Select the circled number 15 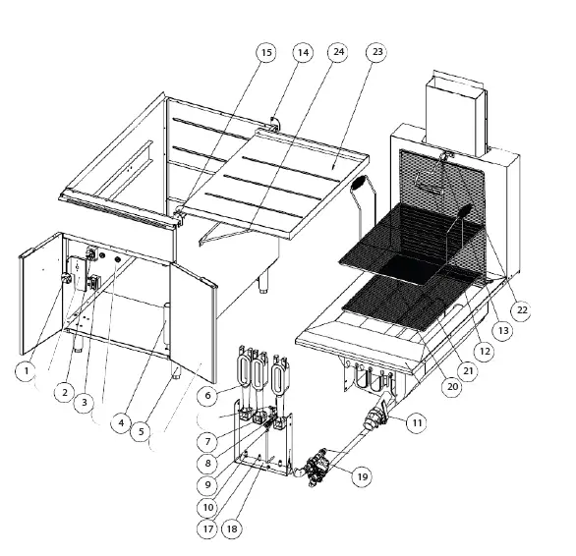266,52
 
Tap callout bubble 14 302,52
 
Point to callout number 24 338,52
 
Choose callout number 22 521,310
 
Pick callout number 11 417,423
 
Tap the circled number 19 362,476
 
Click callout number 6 205,395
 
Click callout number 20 452,387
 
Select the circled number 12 483,348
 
